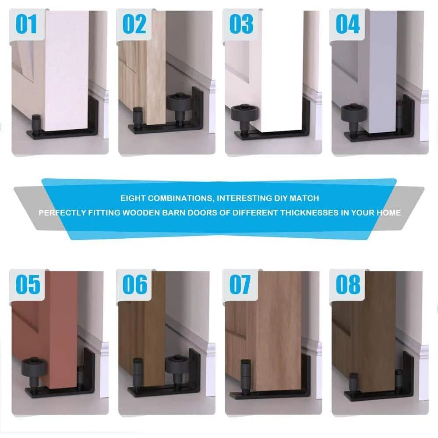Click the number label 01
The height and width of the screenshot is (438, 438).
[x=26, y=24]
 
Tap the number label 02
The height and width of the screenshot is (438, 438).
[x=134, y=24]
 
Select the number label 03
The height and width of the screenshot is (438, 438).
[x=241, y=24]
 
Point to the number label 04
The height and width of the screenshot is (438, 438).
[x=348, y=24]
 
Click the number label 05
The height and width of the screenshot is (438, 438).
[x=28, y=284]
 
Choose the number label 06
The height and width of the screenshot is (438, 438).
[x=135, y=284]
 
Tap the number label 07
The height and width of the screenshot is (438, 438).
[x=240, y=284]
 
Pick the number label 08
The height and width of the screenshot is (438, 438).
[x=348, y=284]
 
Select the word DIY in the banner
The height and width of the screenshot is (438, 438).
[x=280, y=198]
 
